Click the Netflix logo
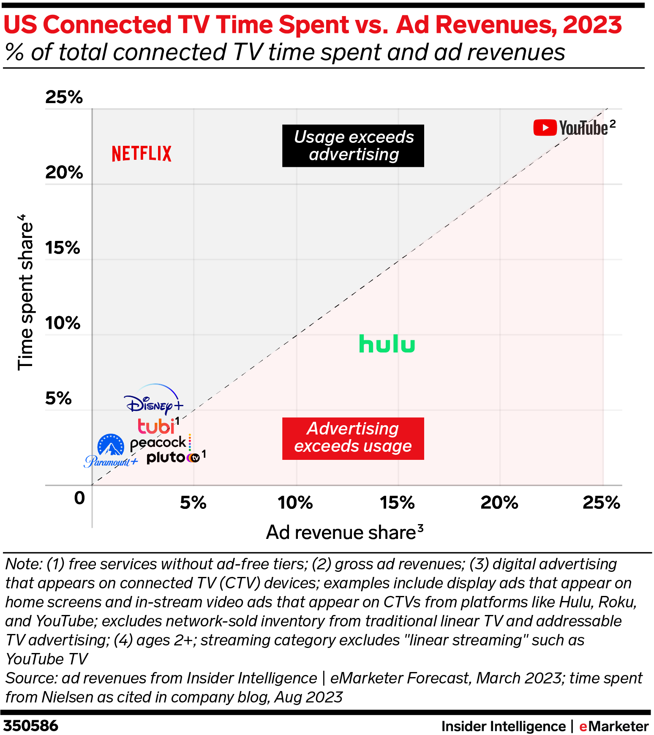tap(142, 154)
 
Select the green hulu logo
tap(387, 344)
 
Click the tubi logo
tap(156, 426)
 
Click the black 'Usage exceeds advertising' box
tap(353, 146)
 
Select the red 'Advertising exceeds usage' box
tap(353, 438)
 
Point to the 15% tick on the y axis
tap(63, 248)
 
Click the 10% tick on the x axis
tap(295, 503)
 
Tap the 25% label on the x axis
tap(601, 503)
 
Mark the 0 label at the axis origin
tap(79, 498)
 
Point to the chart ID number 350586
tap(31, 726)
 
